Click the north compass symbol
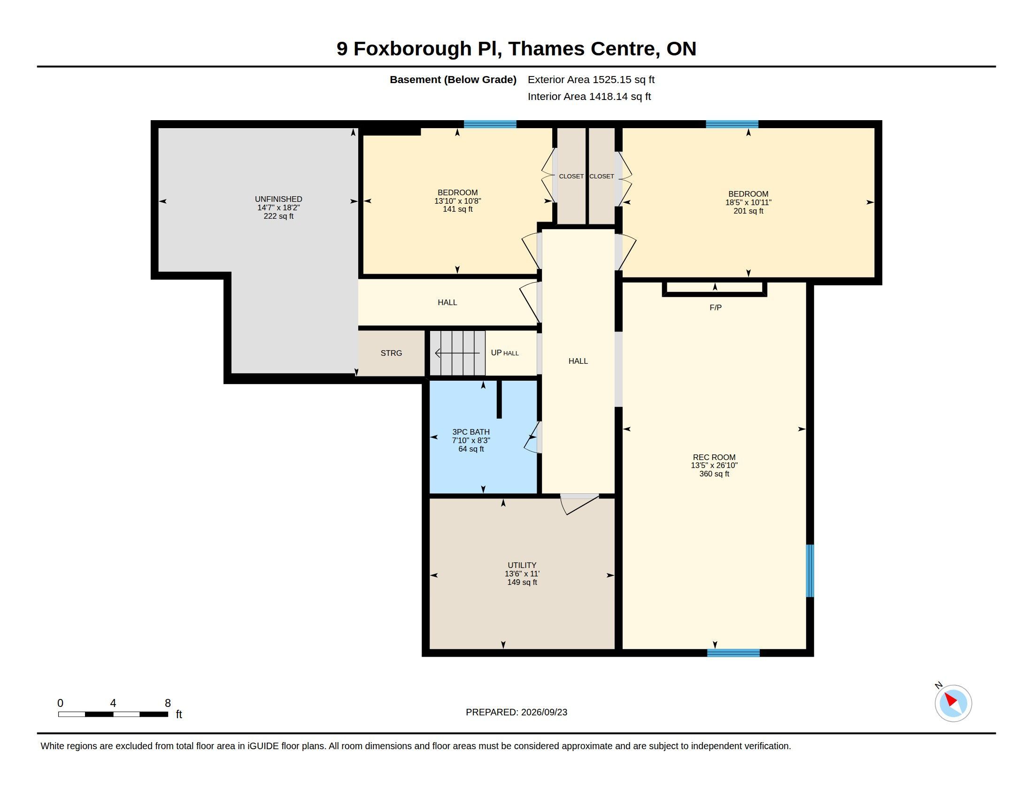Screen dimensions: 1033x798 click(953, 703)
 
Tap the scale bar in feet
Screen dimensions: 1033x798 click(113, 714)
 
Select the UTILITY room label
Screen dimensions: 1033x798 click(522, 566)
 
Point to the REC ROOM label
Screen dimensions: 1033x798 click(714, 457)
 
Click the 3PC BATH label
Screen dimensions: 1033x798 click(470, 432)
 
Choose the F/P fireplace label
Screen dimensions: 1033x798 click(716, 308)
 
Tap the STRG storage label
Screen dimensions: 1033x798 click(391, 353)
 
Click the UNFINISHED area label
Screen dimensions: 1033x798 click(278, 199)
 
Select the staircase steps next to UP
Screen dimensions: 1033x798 click(457, 353)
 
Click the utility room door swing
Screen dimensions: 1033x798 click(579, 504)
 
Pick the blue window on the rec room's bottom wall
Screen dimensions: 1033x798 click(733, 653)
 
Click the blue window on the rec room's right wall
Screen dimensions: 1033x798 click(810, 571)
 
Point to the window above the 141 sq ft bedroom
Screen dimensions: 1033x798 click(490, 124)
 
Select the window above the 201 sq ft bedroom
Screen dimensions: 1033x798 click(732, 124)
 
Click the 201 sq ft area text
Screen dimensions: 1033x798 click(748, 211)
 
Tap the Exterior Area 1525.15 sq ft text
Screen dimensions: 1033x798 click(591, 79)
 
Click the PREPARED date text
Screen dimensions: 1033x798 click(516, 712)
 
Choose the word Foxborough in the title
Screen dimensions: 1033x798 click(412, 49)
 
